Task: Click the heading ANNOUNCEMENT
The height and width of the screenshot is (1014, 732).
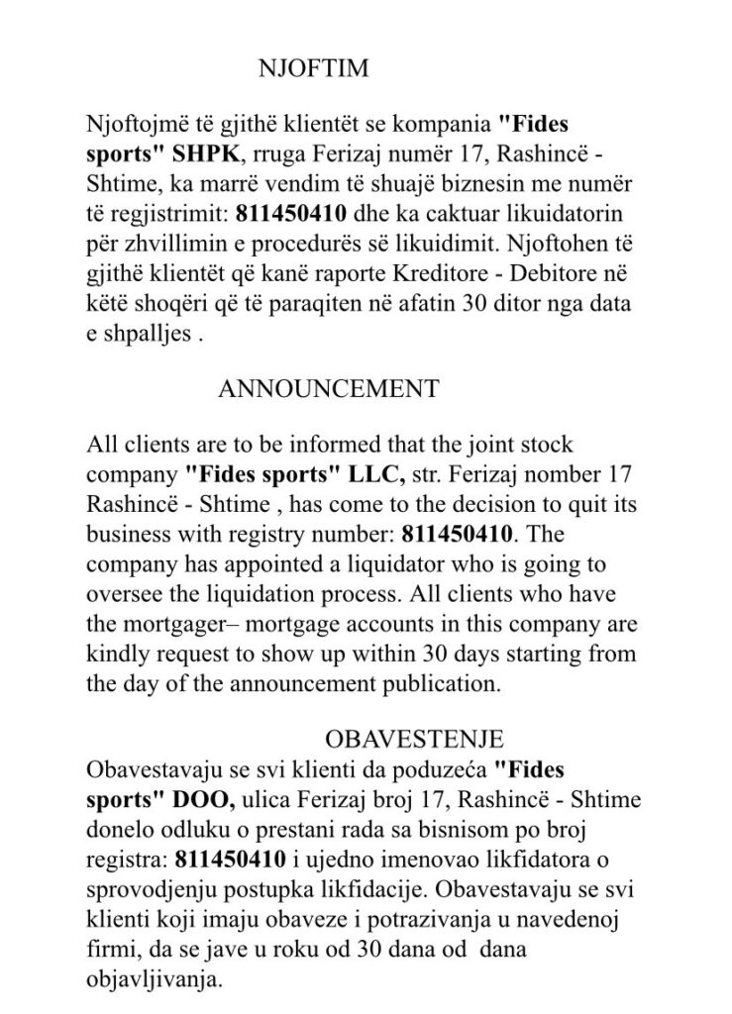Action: coord(327,389)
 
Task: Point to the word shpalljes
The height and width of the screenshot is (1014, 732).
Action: coord(151,330)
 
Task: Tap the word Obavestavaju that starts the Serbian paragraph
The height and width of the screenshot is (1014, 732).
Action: coord(145,767)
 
